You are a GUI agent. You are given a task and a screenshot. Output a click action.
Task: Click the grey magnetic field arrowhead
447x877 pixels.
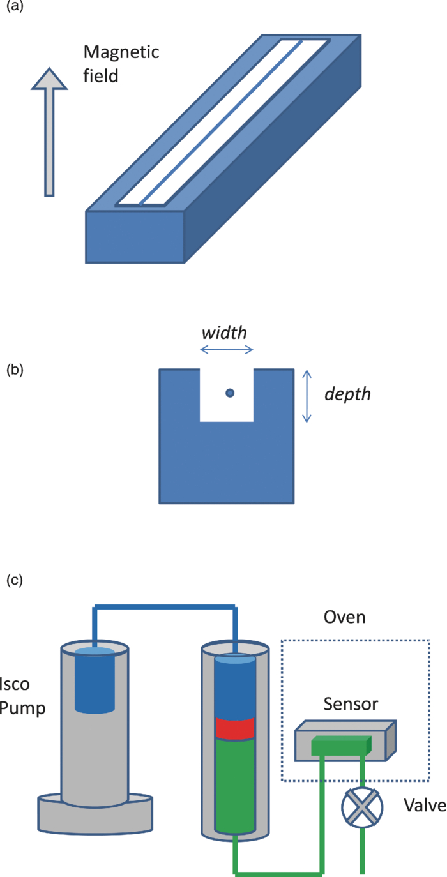[49, 79]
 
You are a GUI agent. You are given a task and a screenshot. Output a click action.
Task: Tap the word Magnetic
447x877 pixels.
[121, 52]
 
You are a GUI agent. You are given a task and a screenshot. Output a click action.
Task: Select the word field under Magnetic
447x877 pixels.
[101, 75]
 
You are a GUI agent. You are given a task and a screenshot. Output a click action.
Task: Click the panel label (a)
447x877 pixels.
[15, 6]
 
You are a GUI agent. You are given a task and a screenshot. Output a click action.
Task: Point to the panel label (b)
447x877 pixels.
[15, 370]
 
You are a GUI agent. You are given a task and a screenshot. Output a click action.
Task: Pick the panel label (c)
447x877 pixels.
[15, 580]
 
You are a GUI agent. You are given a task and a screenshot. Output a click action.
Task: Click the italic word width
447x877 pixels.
[225, 333]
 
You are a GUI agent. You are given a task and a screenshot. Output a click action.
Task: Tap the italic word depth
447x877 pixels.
[348, 394]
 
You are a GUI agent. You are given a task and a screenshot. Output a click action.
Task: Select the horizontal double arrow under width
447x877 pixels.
[227, 350]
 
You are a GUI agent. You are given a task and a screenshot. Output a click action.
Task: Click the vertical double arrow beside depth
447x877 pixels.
[307, 396]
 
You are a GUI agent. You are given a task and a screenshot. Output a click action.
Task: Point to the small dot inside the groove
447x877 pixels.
[230, 393]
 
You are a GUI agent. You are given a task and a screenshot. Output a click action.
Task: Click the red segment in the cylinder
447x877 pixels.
[235, 728]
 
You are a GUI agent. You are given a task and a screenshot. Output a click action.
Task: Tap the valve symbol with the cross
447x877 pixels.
[361, 807]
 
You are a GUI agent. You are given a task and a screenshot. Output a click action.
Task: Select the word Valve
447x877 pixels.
[425, 806]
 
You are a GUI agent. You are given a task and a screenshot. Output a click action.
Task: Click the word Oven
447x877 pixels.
[345, 617]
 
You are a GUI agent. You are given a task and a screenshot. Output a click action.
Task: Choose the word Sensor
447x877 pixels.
[351, 704]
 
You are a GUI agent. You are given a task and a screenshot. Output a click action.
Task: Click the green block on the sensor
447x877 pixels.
[341, 746]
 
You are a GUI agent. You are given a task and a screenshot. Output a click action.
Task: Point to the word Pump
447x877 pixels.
[22, 709]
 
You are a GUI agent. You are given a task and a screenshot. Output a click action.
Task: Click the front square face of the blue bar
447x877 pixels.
[135, 237]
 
